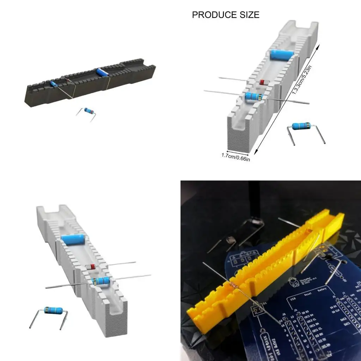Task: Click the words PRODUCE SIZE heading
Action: [x=226, y=15]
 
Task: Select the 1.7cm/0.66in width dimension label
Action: [x=235, y=157]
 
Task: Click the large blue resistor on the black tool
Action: [x=102, y=72]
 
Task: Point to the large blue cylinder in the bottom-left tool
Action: [x=73, y=240]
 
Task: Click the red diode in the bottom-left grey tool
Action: [x=91, y=267]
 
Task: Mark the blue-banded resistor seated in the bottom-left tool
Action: [x=101, y=281]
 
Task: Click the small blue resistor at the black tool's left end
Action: [x=54, y=84]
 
